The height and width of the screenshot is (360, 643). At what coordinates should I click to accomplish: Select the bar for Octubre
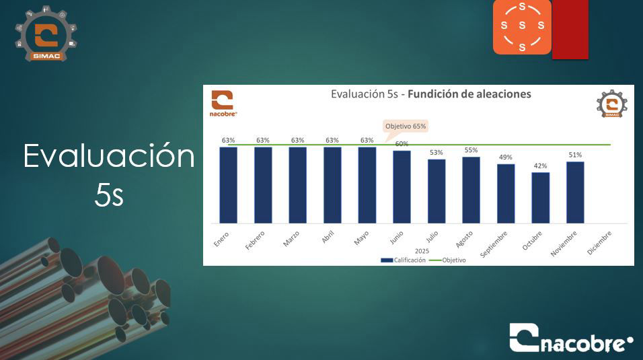pos(541,198)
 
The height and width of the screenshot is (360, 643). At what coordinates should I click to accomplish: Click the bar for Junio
pos(402,187)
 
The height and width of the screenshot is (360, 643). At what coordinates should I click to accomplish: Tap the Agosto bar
pos(471,190)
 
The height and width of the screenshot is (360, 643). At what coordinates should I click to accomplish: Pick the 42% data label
pos(540,166)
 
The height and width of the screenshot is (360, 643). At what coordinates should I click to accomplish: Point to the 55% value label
pos(471,150)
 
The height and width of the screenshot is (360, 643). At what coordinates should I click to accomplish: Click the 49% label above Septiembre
pos(505,157)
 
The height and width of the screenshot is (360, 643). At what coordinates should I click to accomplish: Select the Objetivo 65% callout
pos(405,127)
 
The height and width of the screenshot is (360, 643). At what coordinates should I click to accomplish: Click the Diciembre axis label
pos(599,243)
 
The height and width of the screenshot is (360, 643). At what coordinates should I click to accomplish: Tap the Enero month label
pos(221,239)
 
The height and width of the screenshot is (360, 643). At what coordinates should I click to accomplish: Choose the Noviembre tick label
pos(564,244)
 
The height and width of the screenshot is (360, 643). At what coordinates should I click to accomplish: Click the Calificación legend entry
pos(403,260)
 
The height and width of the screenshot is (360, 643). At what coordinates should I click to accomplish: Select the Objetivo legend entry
pos(447,260)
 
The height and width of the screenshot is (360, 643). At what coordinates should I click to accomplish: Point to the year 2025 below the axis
pos(422,251)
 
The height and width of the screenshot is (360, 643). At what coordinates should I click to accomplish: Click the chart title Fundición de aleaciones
pos(469,94)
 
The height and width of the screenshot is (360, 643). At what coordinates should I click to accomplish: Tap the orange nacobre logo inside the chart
pos(223,104)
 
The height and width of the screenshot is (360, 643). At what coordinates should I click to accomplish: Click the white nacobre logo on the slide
pos(571,338)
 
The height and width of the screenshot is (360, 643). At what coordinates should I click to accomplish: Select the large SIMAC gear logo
pos(46,34)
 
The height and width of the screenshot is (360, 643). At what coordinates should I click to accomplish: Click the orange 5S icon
pos(522,27)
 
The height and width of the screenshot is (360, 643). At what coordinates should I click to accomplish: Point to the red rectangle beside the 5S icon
pos(570,29)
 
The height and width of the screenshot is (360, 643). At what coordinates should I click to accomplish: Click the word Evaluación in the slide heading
pos(109,155)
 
